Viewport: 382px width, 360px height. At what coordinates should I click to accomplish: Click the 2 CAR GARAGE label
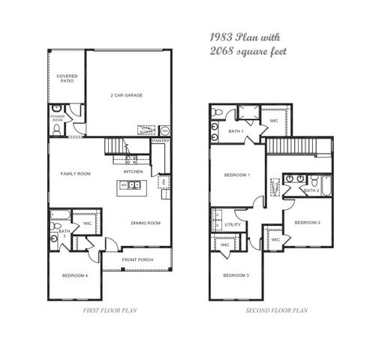[127, 95]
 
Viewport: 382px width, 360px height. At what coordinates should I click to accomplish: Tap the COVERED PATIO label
[67, 78]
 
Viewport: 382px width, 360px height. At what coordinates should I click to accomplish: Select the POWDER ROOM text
[58, 118]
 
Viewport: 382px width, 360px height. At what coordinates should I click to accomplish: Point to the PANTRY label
[161, 140]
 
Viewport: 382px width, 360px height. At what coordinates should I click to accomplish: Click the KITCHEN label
[134, 170]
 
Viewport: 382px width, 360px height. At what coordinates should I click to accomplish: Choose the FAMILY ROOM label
[75, 173]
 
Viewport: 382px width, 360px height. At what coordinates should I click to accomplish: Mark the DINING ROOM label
[146, 223]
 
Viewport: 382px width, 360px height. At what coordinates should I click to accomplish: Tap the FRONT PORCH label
[138, 260]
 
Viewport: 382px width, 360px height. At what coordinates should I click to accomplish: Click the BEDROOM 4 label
[75, 276]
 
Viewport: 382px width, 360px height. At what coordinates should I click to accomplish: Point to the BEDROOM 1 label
[237, 175]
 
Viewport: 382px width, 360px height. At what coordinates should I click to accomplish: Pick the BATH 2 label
[312, 190]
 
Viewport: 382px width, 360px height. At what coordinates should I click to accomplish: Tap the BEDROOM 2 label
[307, 223]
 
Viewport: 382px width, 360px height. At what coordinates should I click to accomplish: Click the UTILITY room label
[233, 224]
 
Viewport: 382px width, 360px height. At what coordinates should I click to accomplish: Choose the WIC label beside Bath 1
[274, 120]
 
